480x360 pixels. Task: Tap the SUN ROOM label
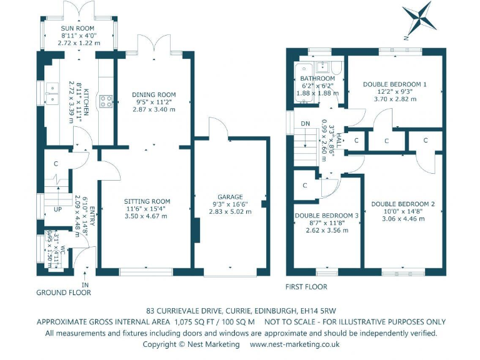[78, 29]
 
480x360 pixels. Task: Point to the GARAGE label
[231, 197]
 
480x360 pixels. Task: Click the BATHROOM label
[317, 79]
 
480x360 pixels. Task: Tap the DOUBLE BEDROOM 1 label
[394, 83]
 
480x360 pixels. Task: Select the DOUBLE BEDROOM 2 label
[402, 204]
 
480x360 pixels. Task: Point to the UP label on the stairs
[57, 209]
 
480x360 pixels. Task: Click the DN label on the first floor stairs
[306, 122]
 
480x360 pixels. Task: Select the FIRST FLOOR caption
[306, 287]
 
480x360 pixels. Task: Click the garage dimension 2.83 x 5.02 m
[231, 212]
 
